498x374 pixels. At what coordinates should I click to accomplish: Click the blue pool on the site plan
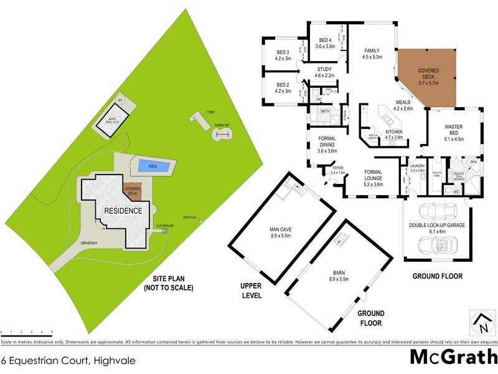click(152, 165)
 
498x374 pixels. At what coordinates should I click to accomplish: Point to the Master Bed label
click(453, 132)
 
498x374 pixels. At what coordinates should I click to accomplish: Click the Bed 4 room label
click(325, 42)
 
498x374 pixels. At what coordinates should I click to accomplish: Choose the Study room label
click(324, 72)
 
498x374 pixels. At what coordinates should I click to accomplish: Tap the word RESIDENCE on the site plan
click(123, 211)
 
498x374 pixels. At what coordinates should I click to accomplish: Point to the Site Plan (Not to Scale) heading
click(168, 284)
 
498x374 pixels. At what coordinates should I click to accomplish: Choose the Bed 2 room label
click(283, 87)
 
